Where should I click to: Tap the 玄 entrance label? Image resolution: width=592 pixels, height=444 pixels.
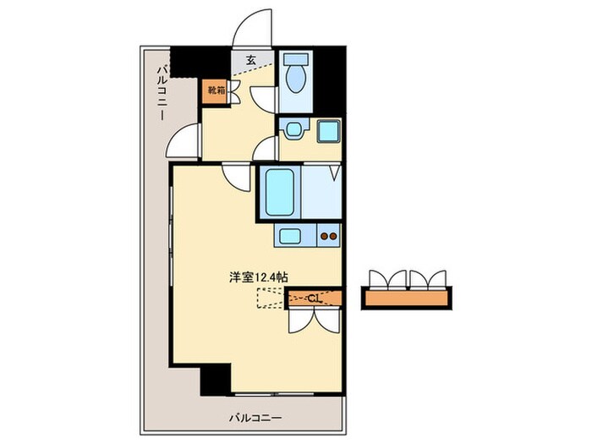(x=251, y=60)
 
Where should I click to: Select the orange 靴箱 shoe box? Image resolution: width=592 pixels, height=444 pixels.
(x=214, y=90)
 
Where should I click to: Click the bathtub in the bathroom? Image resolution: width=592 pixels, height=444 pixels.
(x=278, y=192)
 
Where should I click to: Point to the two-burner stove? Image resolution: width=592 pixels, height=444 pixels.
(x=328, y=237)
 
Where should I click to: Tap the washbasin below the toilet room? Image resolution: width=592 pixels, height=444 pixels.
(x=294, y=130)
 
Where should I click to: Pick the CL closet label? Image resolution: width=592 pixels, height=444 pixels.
(x=313, y=298)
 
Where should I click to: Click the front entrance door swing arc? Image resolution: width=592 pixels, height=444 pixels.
(x=253, y=27)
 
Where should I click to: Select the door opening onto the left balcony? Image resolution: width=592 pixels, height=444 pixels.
(x=184, y=140)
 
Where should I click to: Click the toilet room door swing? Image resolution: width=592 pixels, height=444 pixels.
(x=266, y=99)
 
